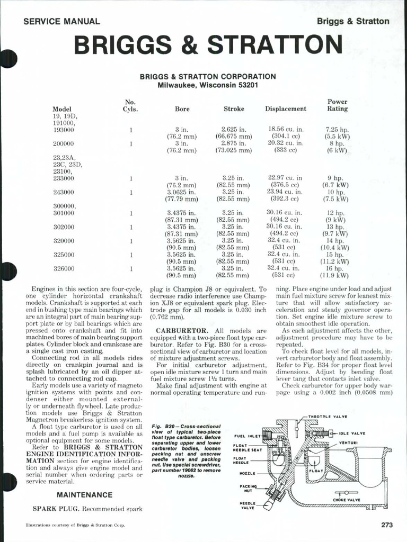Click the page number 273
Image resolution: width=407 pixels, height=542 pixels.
click(386, 525)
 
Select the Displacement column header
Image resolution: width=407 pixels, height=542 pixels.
click(286, 109)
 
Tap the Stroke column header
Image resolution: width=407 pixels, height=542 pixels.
click(234, 109)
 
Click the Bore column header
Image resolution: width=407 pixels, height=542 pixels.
click(182, 109)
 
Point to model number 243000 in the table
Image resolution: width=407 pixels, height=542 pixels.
click(64, 192)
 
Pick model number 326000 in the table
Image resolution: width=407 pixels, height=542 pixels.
click(64, 268)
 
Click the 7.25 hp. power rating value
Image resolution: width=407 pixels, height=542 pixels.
click(337, 129)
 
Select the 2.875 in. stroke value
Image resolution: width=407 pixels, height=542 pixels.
click(234, 143)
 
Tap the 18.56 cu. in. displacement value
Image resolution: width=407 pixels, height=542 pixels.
click(286, 129)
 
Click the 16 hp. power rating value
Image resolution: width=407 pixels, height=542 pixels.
click(337, 268)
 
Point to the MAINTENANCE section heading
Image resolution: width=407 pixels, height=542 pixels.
click(85, 495)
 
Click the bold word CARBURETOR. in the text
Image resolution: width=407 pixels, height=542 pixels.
click(179, 331)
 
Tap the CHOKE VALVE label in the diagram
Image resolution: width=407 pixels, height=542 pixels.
click(347, 499)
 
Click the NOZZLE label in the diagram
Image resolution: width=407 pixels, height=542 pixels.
click(247, 473)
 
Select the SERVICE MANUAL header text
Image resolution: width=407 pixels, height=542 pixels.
click(61, 22)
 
